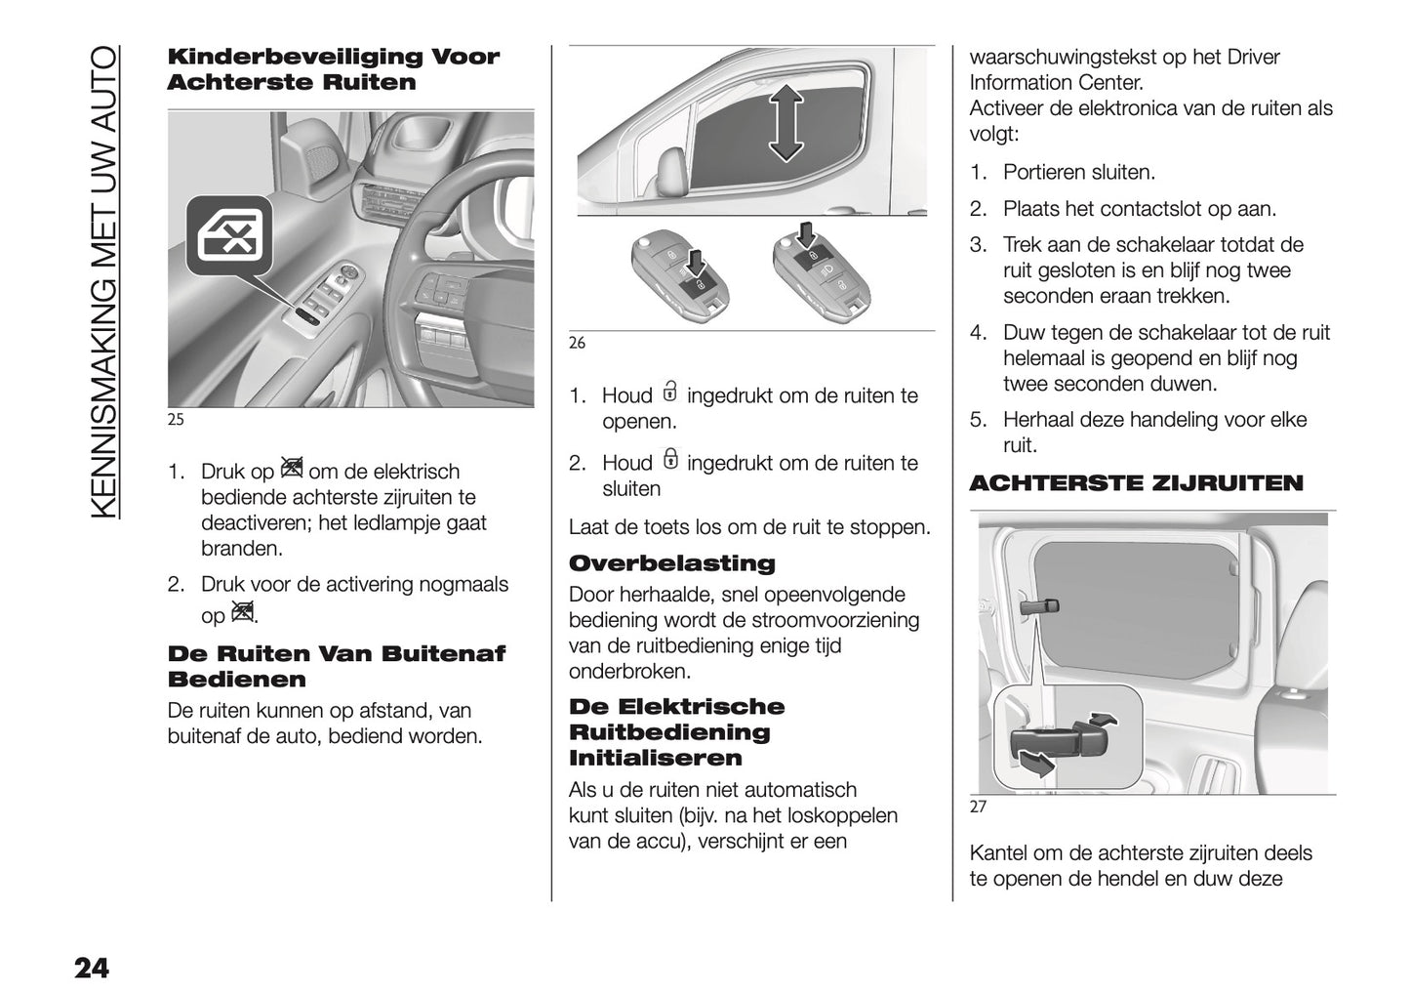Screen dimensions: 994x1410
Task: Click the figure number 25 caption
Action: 176,421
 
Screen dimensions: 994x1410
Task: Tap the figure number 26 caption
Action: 577,343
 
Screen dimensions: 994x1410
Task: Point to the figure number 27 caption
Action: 978,807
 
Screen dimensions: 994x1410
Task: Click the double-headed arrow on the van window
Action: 785,121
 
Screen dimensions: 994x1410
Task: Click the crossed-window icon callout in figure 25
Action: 229,234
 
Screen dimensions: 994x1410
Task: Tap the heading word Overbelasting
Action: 671,563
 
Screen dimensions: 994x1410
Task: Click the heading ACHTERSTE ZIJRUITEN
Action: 1136,483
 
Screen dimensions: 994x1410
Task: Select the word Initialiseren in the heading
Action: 641,758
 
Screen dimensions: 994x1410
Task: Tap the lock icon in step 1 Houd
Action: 669,391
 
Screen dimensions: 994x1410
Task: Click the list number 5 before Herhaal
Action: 978,421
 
